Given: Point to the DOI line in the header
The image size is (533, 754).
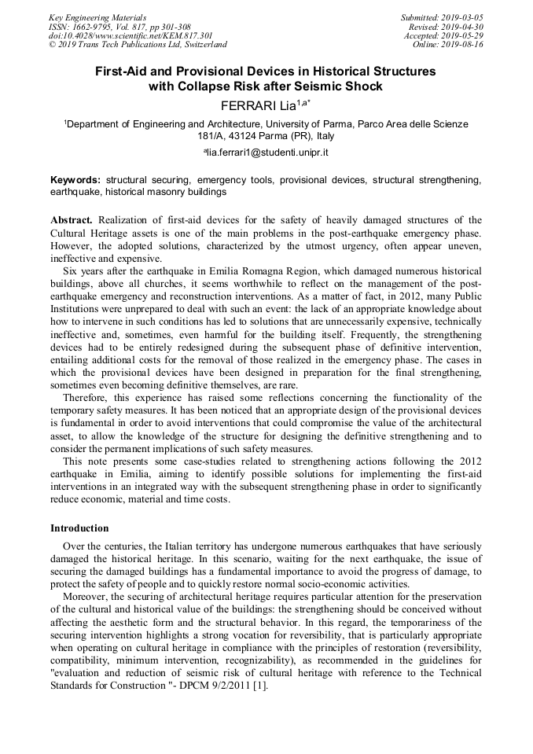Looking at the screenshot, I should (x=130, y=35).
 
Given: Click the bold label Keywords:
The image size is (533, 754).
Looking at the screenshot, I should (x=75, y=180).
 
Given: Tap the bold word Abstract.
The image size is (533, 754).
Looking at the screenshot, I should (x=72, y=220).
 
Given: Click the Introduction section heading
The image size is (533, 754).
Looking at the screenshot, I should (x=79, y=528).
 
